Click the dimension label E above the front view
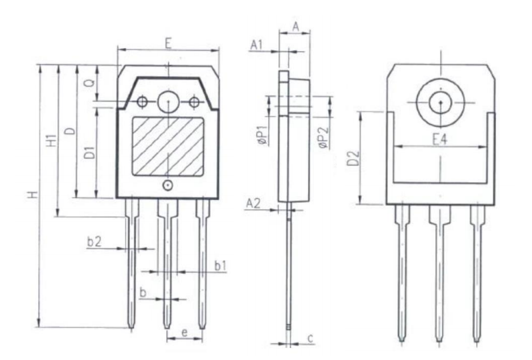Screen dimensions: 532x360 coord(168,43)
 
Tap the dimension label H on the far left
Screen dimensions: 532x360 coord(33,195)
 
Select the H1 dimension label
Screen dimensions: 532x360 coord(51,141)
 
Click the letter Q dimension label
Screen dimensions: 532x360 coord(89,83)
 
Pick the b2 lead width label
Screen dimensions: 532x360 coord(94,241)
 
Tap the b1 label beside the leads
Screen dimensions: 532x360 coord(220,266)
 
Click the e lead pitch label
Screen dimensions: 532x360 coord(184,333)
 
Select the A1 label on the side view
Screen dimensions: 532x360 coord(257,45)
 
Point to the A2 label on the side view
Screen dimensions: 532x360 coord(253,203)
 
